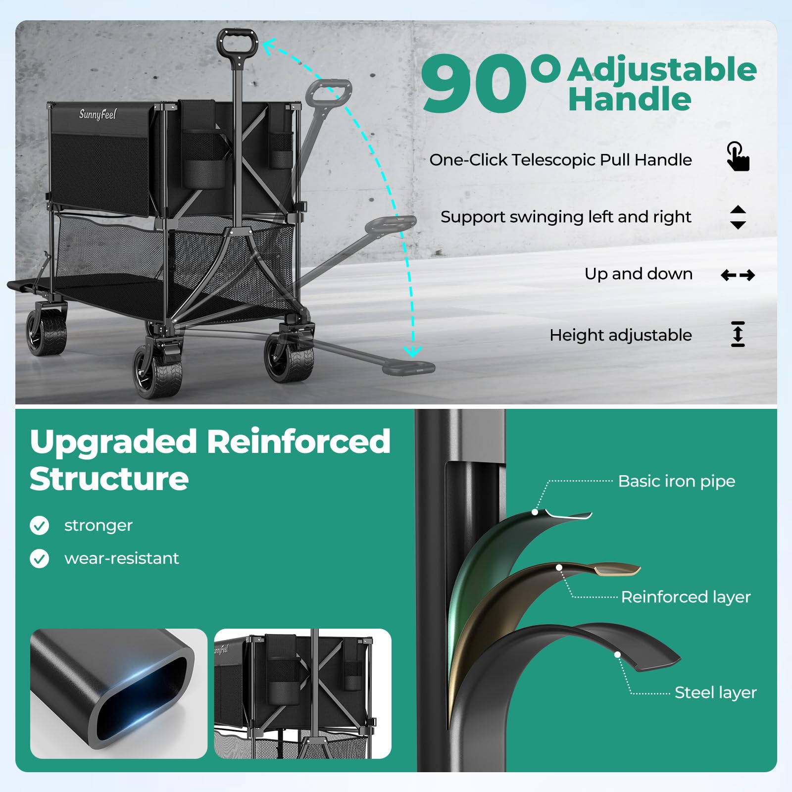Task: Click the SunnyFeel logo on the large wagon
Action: click(98, 114)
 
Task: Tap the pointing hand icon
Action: click(738, 156)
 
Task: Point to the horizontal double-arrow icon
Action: click(738, 275)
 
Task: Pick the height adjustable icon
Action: click(738, 334)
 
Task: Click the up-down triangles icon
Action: click(738, 217)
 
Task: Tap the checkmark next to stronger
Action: click(40, 525)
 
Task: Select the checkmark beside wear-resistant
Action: click(40, 558)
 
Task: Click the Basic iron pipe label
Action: click(677, 481)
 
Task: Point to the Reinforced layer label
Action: click(686, 597)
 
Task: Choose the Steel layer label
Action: click(716, 693)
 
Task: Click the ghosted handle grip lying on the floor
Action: click(409, 367)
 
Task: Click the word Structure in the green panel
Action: click(109, 479)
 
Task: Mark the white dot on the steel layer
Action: click(617, 654)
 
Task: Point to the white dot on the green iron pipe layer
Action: click(535, 512)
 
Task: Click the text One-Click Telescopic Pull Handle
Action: click(560, 160)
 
